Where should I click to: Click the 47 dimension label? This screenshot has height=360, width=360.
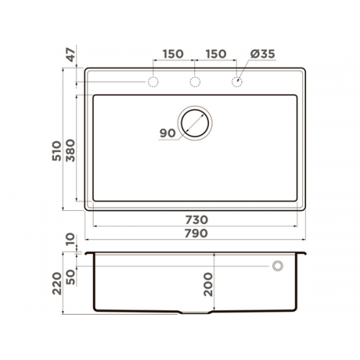pos(71,55)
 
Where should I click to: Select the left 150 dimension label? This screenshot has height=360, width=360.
pos(173,54)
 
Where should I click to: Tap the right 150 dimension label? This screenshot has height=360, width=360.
pos(216,54)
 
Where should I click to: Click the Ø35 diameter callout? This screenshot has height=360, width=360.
pos(263,54)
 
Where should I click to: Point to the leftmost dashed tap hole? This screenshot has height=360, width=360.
pos(153,82)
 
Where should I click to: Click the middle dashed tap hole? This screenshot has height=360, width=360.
pos(195,82)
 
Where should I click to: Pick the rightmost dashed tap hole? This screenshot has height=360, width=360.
pos(237,82)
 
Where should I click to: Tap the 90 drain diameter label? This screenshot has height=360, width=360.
pos(168,133)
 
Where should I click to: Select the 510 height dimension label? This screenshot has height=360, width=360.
pos(57,151)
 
